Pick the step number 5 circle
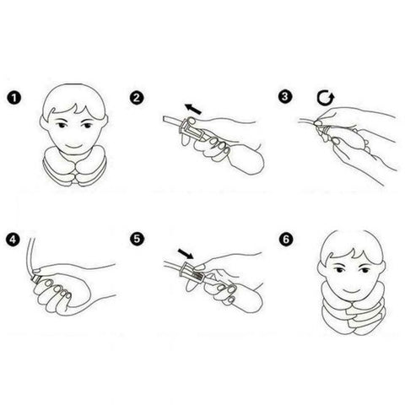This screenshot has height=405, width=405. [x=137, y=240]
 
